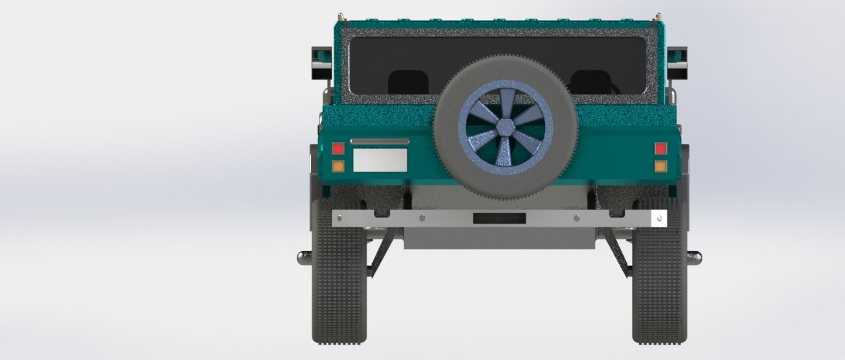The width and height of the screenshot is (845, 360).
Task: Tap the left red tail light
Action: [x=338, y=149]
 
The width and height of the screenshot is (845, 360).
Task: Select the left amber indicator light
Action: [x=338, y=166]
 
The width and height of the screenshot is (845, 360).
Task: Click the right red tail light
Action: [x=661, y=149]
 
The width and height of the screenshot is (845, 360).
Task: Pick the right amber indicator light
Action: [x=661, y=166]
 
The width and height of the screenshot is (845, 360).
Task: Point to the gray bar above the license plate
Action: [x=379, y=142]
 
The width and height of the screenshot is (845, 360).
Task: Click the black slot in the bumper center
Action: [x=499, y=217]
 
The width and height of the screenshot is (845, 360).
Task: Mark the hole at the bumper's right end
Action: [x=659, y=218]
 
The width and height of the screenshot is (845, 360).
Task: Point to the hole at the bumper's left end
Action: [x=339, y=218]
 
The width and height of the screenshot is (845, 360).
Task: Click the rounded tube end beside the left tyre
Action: [x=304, y=257]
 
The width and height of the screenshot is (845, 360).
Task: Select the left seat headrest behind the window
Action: [x=408, y=82]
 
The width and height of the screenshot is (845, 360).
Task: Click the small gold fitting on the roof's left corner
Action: [x=341, y=17]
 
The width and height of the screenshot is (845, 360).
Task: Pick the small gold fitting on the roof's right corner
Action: [x=658, y=17]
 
